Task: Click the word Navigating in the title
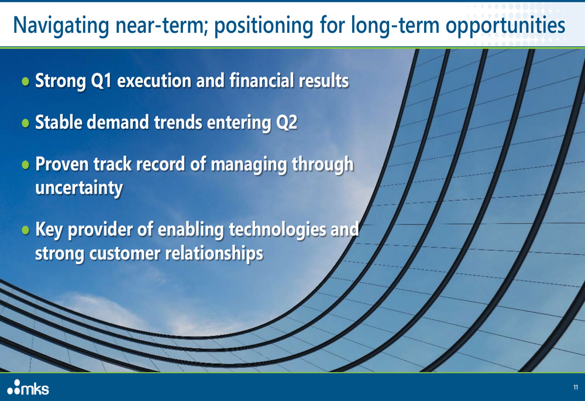pyautogui.click(x=61, y=26)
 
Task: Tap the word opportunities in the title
pyautogui.click(x=505, y=26)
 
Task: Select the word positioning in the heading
pyautogui.click(x=264, y=26)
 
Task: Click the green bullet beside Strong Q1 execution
pyautogui.click(x=25, y=81)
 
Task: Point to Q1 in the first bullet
pyautogui.click(x=101, y=81)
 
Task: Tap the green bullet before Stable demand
pyautogui.click(x=25, y=123)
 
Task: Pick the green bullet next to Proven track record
pyautogui.click(x=25, y=164)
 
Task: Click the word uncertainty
pyautogui.click(x=79, y=188)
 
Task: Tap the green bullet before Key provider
pyautogui.click(x=25, y=230)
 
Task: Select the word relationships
pyautogui.click(x=214, y=253)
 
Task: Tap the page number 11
pyautogui.click(x=576, y=387)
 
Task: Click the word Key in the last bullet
pyautogui.click(x=49, y=229)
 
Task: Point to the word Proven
pyautogui.click(x=62, y=164)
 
